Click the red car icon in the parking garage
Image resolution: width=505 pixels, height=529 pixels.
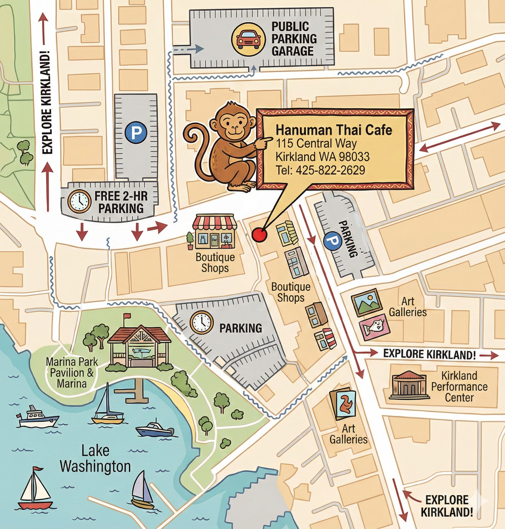[248, 39]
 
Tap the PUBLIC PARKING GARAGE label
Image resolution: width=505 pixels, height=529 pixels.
[294, 39]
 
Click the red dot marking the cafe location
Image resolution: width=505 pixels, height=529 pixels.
[259, 235]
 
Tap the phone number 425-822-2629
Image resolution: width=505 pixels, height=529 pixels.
[320, 170]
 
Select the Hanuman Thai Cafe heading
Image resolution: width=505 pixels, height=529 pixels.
[334, 130]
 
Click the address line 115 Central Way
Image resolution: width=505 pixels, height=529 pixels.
[316, 143]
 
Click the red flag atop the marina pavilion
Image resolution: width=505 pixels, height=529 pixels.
[127, 316]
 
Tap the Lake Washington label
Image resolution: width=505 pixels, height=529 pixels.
[95, 458]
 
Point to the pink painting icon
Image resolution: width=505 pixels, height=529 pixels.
[374, 327]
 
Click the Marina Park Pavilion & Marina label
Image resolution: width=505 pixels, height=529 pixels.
[72, 373]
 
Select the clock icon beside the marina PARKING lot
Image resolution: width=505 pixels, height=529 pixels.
[202, 322]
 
